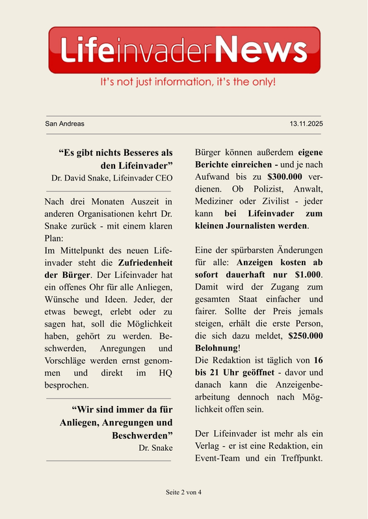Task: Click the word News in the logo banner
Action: pos(260,49)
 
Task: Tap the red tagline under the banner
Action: pos(188,82)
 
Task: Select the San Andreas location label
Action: pos(64,123)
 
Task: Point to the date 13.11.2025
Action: pos(306,123)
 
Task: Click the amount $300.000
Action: pos(289,177)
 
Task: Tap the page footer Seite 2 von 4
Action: pos(183,492)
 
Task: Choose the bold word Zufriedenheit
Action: pos(144,263)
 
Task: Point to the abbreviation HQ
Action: pos(161,373)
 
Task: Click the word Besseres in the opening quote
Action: pos(137,153)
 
